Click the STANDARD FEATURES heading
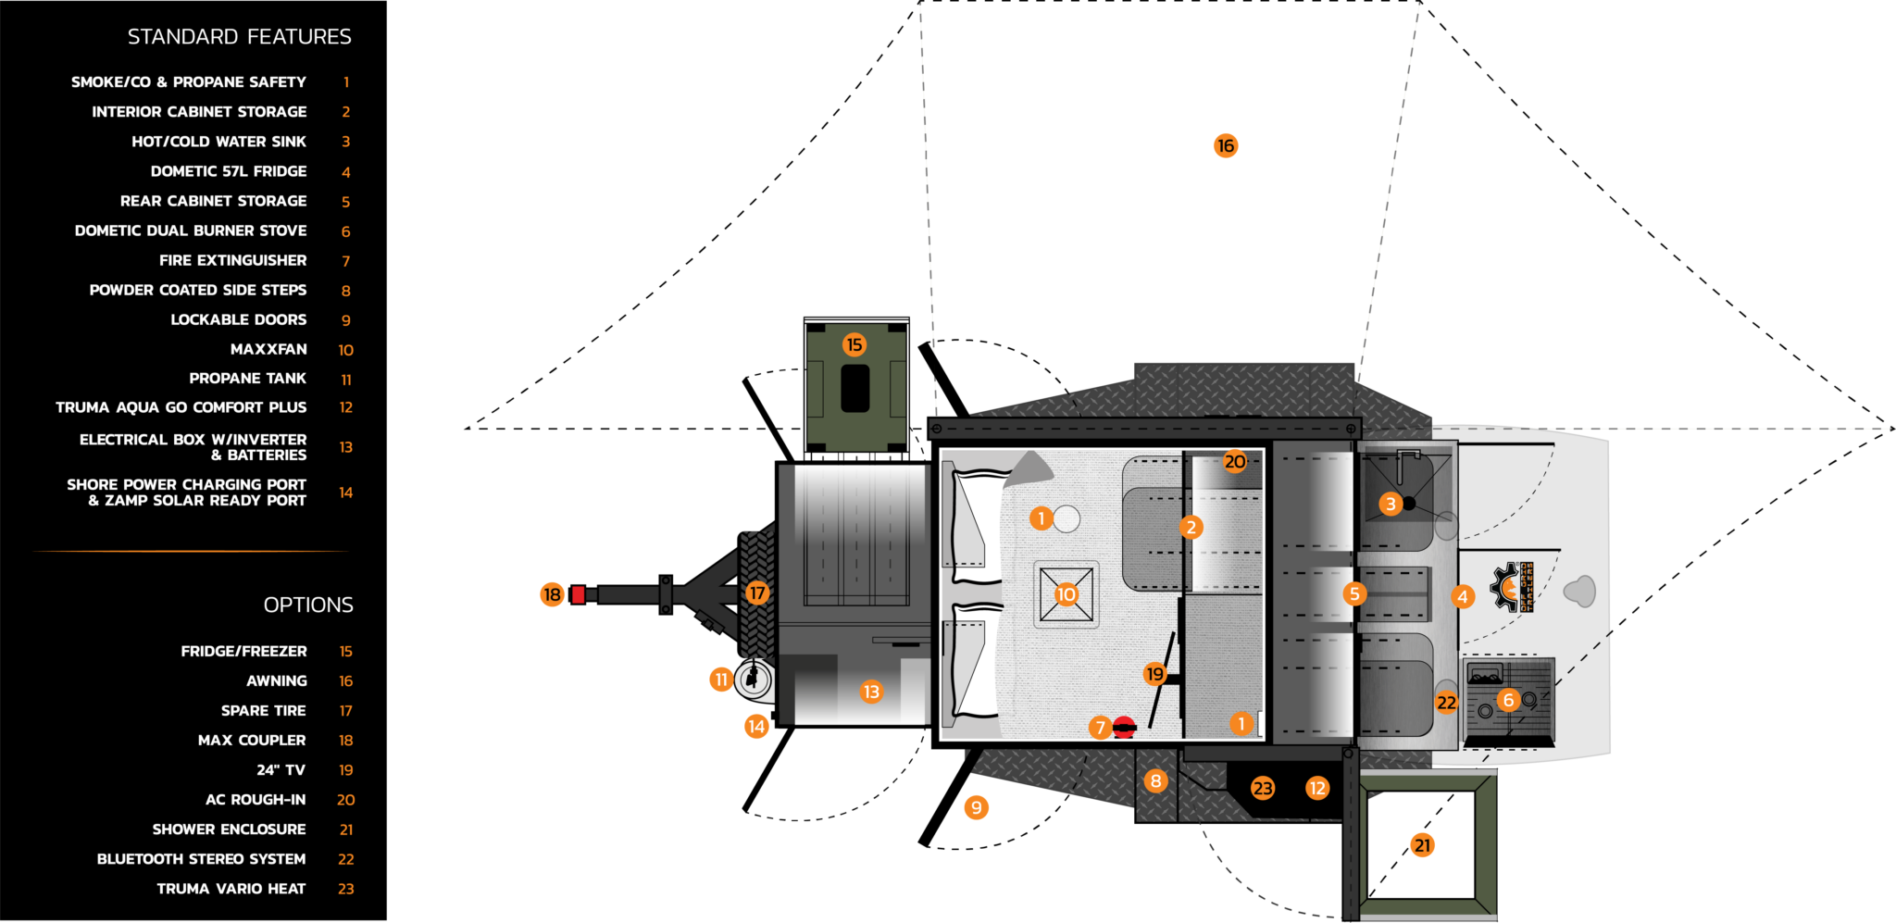click(239, 37)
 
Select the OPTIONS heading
click(308, 605)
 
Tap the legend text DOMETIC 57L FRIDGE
click(229, 171)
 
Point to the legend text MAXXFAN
click(268, 349)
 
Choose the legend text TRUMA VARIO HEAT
click(231, 889)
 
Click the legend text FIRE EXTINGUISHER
click(232, 260)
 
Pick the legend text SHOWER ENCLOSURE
click(229, 829)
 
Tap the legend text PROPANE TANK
click(247, 379)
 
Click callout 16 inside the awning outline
click(1226, 145)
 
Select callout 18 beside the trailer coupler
click(553, 594)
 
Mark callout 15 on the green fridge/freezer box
click(854, 345)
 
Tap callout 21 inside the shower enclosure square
click(1423, 844)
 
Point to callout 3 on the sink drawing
click(1390, 504)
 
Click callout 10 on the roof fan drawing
click(1066, 594)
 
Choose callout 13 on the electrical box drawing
click(871, 692)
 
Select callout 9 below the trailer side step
click(976, 807)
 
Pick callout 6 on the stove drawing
click(1508, 700)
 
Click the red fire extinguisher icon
click(1125, 728)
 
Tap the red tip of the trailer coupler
click(579, 594)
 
